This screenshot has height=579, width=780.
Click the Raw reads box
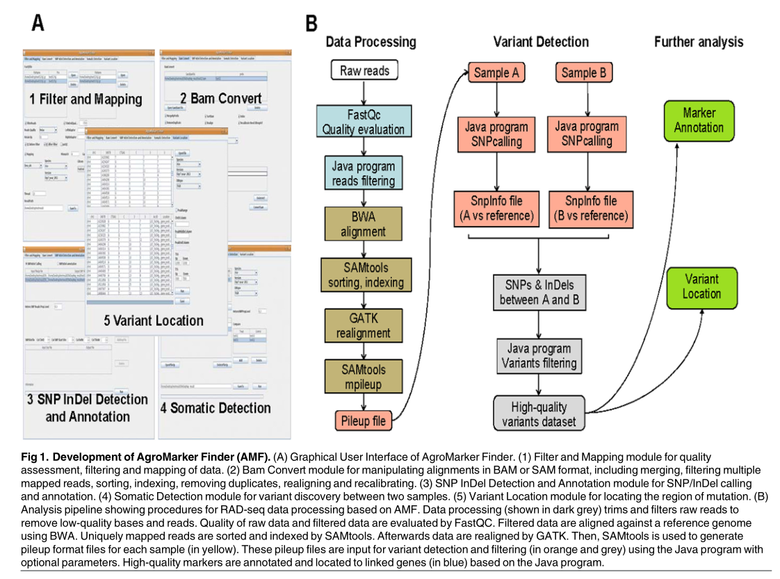[x=365, y=71]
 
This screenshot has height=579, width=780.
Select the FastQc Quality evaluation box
[x=362, y=121]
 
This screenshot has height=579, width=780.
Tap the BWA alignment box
[x=362, y=225]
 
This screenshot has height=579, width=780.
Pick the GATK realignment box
[x=362, y=325]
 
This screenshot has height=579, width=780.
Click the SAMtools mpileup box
[x=362, y=376]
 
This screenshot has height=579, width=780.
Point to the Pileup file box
[x=363, y=420]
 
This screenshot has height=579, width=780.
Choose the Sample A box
[x=496, y=72]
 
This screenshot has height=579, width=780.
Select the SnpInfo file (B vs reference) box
[x=590, y=209]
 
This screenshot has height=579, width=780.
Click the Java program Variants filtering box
[x=539, y=356]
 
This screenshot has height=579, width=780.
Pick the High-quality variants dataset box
[x=539, y=413]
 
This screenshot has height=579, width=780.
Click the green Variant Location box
[x=701, y=286]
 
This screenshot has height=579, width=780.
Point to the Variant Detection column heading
[x=540, y=42]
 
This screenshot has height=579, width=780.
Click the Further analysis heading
[x=699, y=42]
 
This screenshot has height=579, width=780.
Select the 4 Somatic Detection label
[x=216, y=408]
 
